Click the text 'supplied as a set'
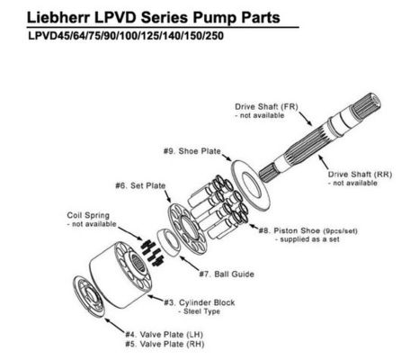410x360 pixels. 302,239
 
